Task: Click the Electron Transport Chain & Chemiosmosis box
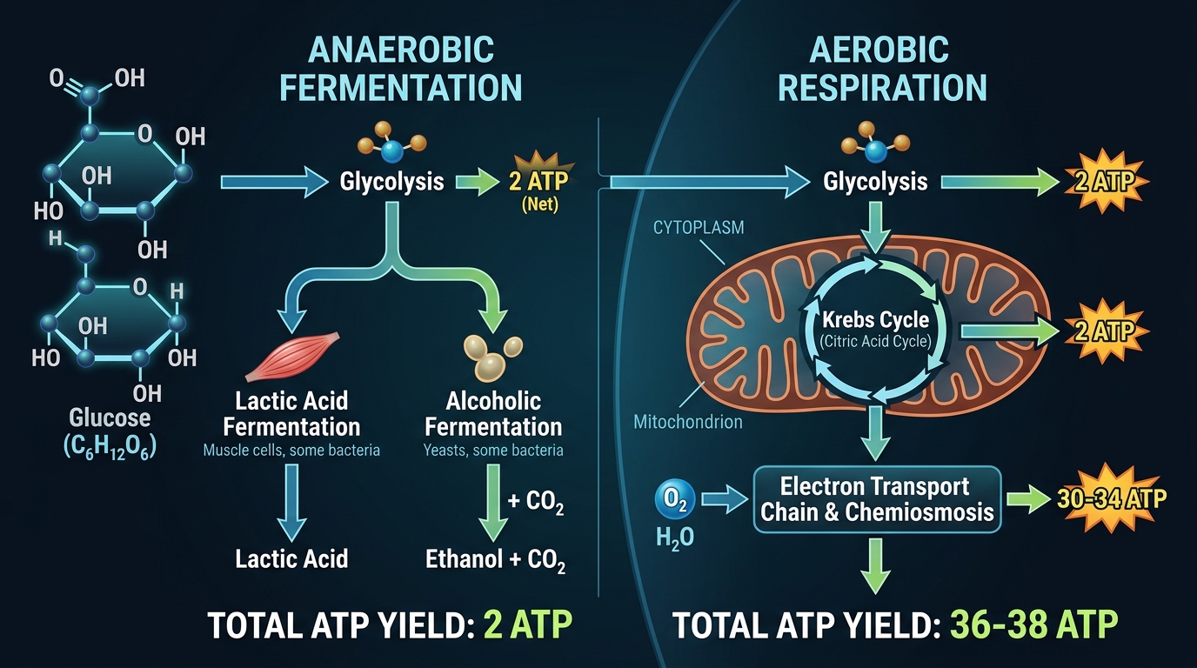[x=877, y=498]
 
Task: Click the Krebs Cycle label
[x=875, y=322]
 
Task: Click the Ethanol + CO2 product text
[x=496, y=559]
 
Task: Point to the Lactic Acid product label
[x=291, y=558]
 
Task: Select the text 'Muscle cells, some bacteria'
[x=291, y=451]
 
